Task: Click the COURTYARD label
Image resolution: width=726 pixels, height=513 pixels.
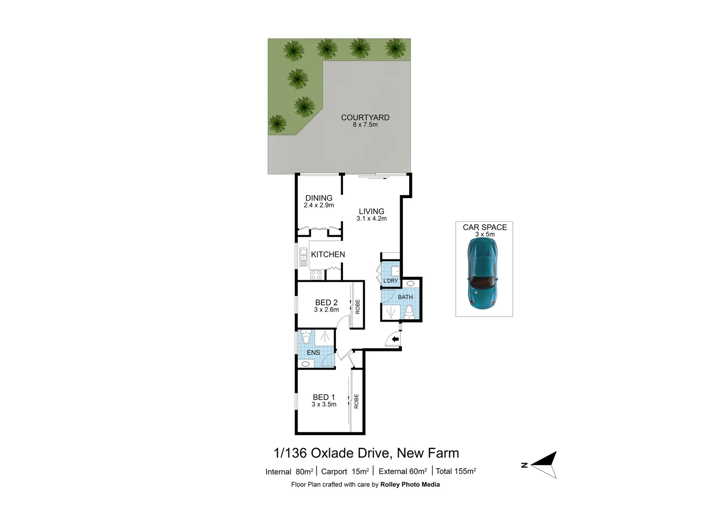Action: click(x=365, y=117)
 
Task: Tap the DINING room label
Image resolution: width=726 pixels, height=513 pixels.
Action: click(x=319, y=198)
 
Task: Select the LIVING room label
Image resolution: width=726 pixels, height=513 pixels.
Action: click(x=372, y=211)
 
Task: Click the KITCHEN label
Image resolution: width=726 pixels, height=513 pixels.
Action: click(x=328, y=255)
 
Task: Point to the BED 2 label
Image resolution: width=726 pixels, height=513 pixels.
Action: click(x=326, y=303)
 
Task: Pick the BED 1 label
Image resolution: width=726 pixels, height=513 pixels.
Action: click(x=324, y=397)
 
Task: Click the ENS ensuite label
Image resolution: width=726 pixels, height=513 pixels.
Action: click(x=313, y=352)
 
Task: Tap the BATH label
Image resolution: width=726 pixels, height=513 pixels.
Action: click(x=405, y=297)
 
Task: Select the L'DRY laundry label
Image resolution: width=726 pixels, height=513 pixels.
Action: click(x=391, y=281)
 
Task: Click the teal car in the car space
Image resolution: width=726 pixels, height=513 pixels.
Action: click(x=483, y=273)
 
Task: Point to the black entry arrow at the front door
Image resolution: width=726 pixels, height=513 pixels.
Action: click(x=395, y=339)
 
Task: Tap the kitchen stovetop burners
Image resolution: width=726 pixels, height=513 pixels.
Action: click(x=315, y=275)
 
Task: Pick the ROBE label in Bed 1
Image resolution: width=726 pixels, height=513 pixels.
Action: click(x=356, y=401)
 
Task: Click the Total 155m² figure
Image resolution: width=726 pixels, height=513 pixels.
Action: click(x=456, y=471)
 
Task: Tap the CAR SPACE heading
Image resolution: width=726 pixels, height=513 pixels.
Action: click(x=485, y=227)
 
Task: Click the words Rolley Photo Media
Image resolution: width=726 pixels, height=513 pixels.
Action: click(x=410, y=484)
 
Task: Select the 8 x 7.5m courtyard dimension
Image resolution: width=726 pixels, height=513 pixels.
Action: click(x=365, y=125)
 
